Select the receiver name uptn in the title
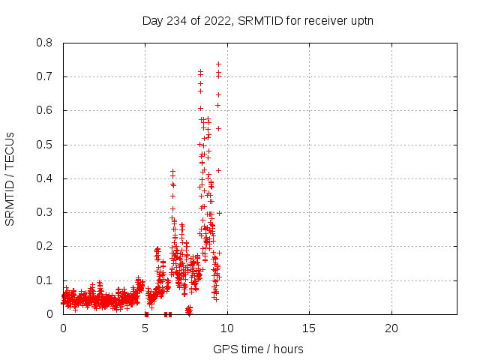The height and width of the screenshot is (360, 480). pos(361,20)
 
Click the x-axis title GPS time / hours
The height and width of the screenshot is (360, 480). pos(259,349)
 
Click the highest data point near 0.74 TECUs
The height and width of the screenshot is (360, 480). pos(218,64)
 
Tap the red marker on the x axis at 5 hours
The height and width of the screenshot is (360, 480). pos(146,314)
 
